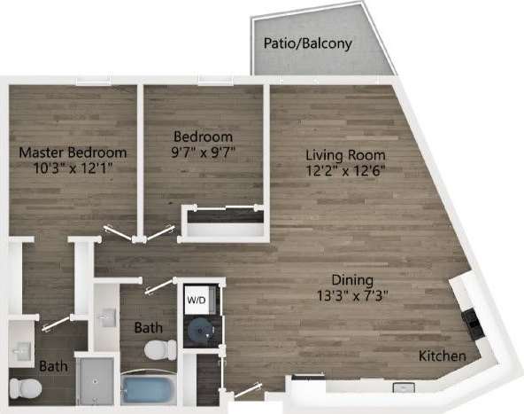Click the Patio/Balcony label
(306, 43)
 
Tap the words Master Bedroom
(73, 152)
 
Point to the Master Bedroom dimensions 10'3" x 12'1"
(73, 167)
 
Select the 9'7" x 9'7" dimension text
(203, 152)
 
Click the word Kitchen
(443, 356)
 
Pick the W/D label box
(196, 301)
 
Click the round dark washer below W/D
(198, 329)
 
